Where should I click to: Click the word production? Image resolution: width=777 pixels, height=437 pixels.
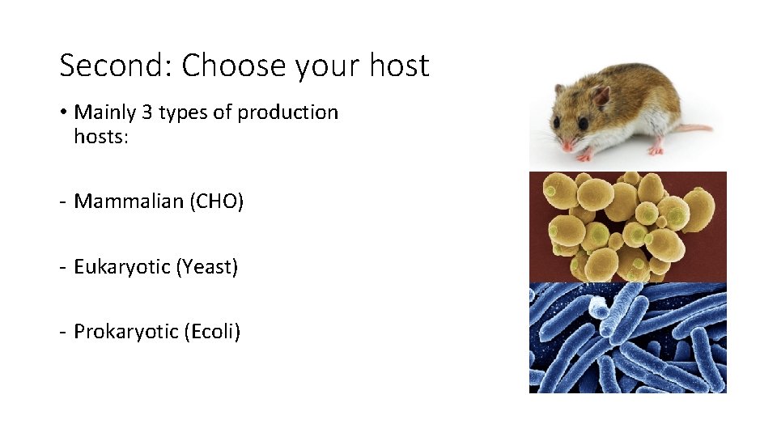coord(287,112)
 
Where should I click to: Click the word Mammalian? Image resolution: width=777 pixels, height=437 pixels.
coord(129,202)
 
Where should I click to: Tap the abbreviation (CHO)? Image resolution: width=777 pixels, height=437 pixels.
coord(216,202)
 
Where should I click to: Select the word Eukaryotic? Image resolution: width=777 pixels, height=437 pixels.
coord(121,266)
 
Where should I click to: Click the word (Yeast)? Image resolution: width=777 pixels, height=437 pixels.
coord(206,266)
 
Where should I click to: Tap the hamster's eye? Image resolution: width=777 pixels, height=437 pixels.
coord(583,123)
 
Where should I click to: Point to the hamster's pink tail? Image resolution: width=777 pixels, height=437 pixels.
coord(695,128)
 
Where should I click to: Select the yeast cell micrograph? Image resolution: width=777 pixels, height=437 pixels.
coord(627,227)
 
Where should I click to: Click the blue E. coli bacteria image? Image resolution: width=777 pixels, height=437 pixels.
coord(627,337)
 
